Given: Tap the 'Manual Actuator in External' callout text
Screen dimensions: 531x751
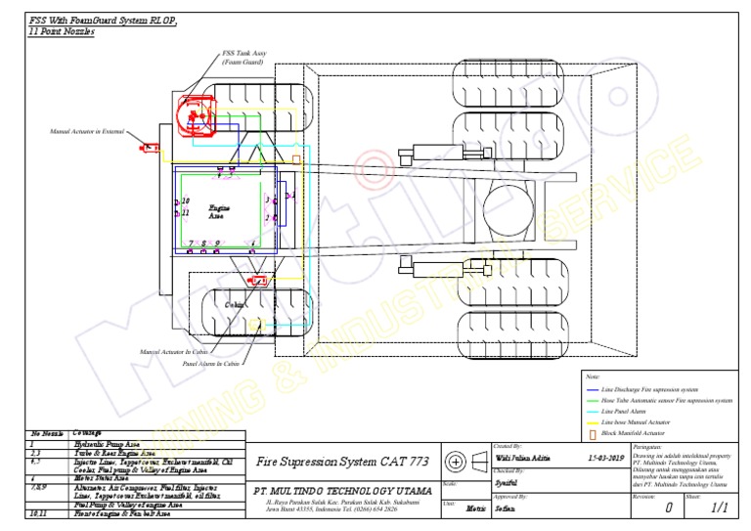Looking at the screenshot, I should coord(87,130).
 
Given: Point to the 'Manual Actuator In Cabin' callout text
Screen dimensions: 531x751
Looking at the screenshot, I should coord(173,351).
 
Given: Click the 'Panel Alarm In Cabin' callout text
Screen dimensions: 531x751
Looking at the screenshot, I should coord(211,364).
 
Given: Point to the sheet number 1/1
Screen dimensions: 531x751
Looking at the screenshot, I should coord(720,508).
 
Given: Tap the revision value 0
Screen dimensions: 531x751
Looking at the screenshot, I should coord(667,509).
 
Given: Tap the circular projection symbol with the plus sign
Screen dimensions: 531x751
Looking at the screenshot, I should coord(455,462).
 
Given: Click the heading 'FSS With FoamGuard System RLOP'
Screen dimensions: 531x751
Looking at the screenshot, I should coord(103,21).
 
